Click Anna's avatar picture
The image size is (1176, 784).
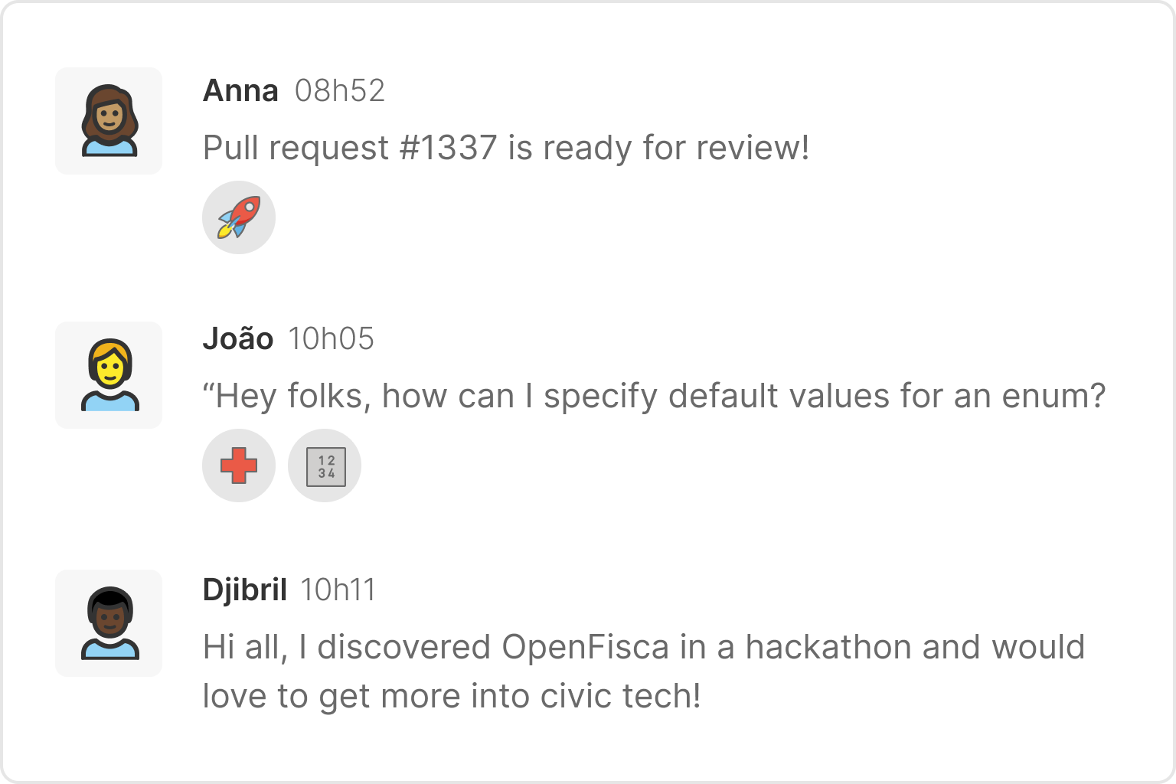pyautogui.click(x=109, y=121)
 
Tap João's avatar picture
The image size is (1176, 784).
pyautogui.click(x=109, y=375)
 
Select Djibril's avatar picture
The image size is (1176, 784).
pyautogui.click(x=109, y=623)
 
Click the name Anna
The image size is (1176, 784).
pyautogui.click(x=240, y=91)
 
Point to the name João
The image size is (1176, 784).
pyautogui.click(x=238, y=339)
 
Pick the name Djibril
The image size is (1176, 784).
pyautogui.click(x=245, y=590)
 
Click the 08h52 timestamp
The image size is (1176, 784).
pyautogui.click(x=339, y=91)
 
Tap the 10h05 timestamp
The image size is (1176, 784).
pyautogui.click(x=332, y=339)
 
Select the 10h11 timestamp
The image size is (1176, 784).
pyautogui.click(x=338, y=590)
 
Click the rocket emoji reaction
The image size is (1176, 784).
pyautogui.click(x=239, y=217)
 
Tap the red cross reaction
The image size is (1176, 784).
pyautogui.click(x=239, y=465)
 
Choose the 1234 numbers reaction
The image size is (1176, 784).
pyautogui.click(x=325, y=465)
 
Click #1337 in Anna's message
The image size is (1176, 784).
pyautogui.click(x=449, y=148)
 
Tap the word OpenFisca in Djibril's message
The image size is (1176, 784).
pyautogui.click(x=586, y=648)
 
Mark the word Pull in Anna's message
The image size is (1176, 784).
pyautogui.click(x=230, y=148)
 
